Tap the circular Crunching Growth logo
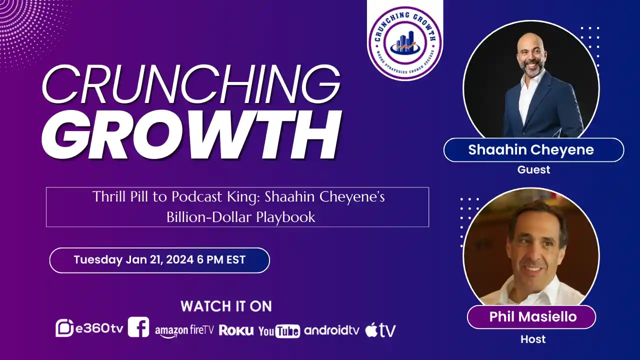(x=405, y=43)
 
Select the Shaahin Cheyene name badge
(x=533, y=150)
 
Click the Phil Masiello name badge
(x=532, y=317)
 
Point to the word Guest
(x=533, y=170)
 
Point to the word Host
(x=533, y=339)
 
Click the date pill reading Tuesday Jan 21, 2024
(x=159, y=260)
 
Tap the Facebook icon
(x=138, y=327)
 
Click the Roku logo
(x=236, y=330)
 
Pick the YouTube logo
(x=279, y=330)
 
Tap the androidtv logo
(x=331, y=330)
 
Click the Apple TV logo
(x=380, y=330)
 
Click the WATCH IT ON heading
(x=226, y=306)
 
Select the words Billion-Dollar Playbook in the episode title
(x=241, y=217)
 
